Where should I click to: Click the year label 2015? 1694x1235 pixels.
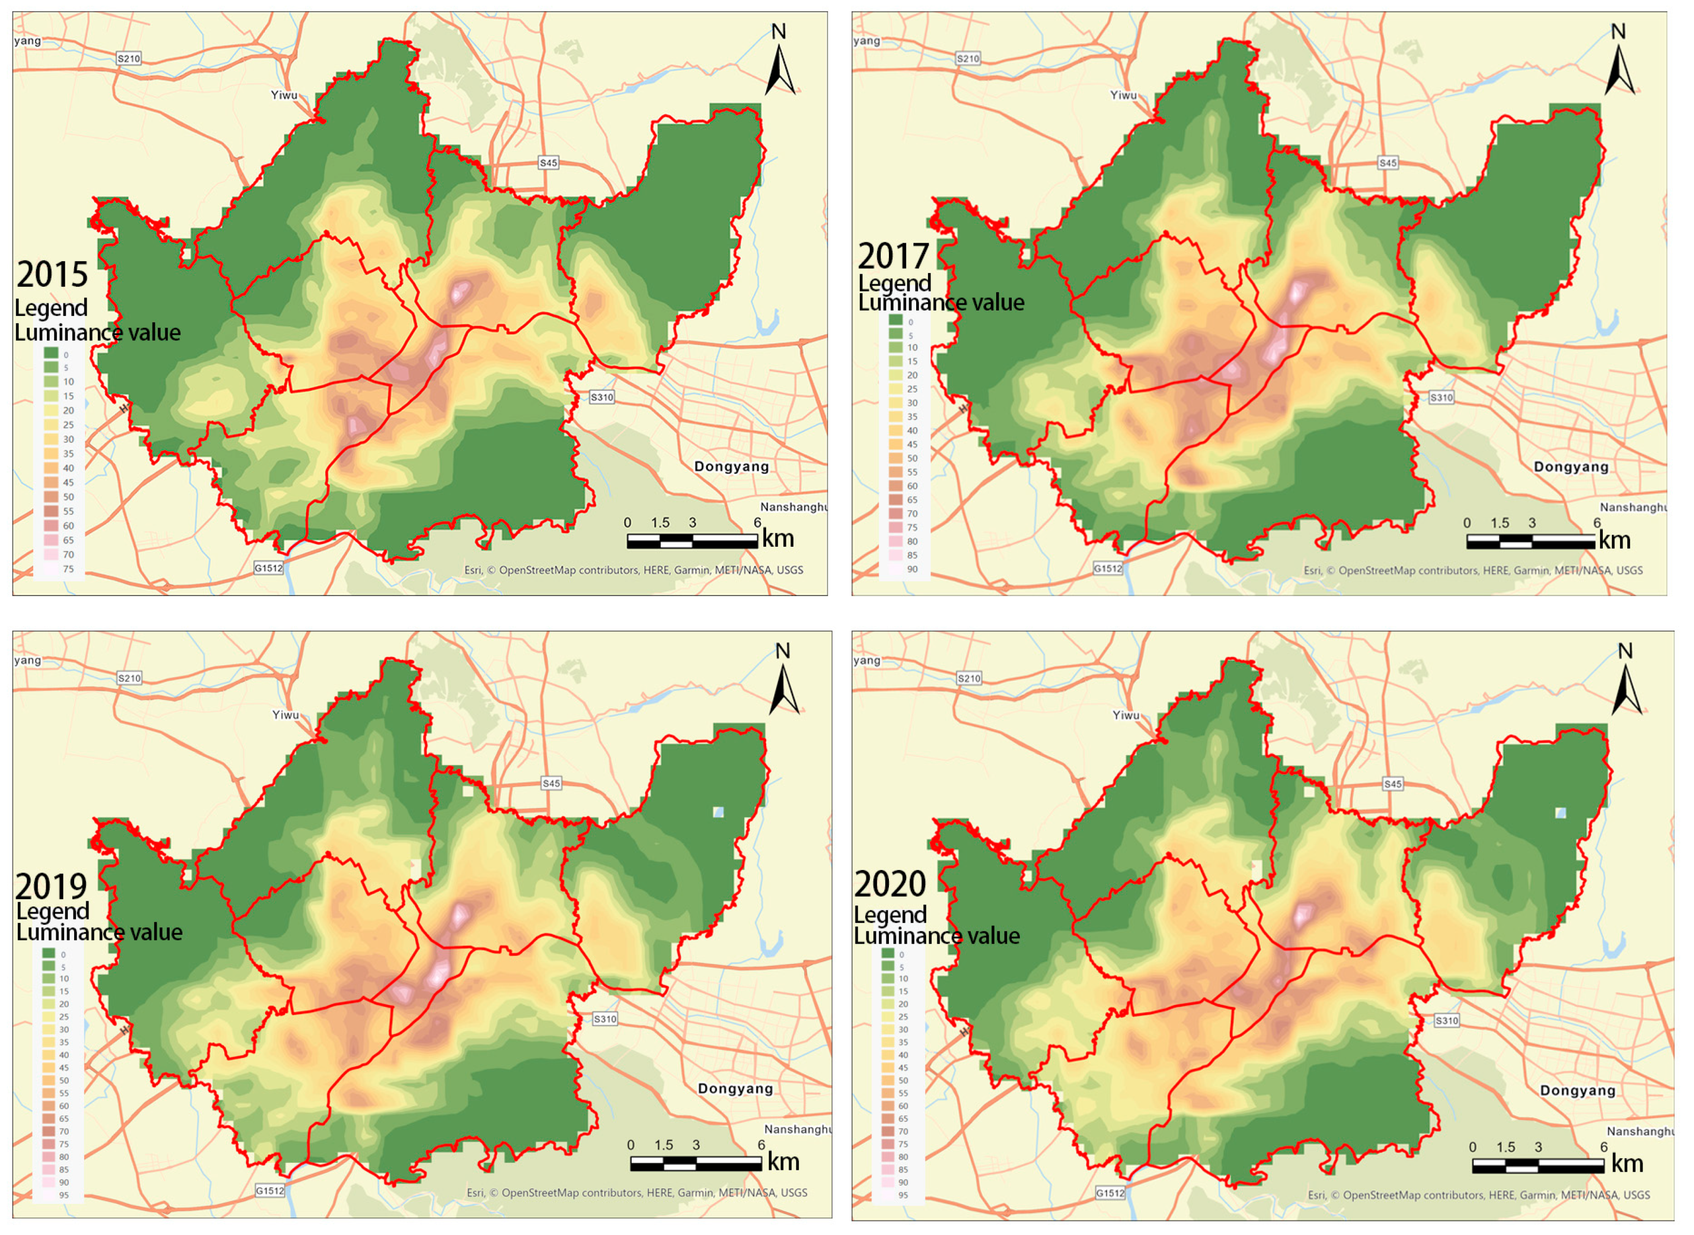pyautogui.click(x=52, y=274)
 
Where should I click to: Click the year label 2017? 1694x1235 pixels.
pyautogui.click(x=893, y=256)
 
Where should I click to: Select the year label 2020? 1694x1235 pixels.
pyautogui.click(x=889, y=885)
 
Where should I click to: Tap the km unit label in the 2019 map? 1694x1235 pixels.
pyautogui.click(x=784, y=1162)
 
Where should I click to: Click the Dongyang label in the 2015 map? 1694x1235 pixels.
pyautogui.click(x=731, y=466)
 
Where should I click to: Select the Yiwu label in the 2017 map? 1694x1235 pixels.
pyautogui.click(x=1123, y=95)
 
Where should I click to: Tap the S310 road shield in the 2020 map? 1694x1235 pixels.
pyautogui.click(x=1446, y=1021)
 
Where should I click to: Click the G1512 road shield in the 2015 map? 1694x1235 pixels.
pyautogui.click(x=269, y=568)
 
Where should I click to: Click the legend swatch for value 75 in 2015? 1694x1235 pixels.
pyautogui.click(x=51, y=569)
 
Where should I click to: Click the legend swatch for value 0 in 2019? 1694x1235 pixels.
pyautogui.click(x=49, y=953)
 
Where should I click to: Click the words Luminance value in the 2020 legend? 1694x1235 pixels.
pyautogui.click(x=936, y=936)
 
